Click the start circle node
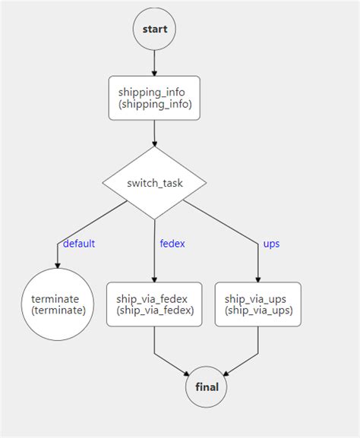pos(154,29)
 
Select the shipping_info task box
pos(154,97)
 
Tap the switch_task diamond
pos(154,183)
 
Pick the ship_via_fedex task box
pos(154,304)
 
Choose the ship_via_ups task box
pos(257,304)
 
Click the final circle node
pos(207,386)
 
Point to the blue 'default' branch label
pos(79,244)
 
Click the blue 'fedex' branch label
pos(172,244)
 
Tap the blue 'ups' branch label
pos(271,244)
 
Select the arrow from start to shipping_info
pos(154,62)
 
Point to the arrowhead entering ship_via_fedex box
pos(154,278)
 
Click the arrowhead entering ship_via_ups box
pos(257,278)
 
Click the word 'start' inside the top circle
pos(154,29)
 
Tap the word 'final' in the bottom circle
pos(207,386)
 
